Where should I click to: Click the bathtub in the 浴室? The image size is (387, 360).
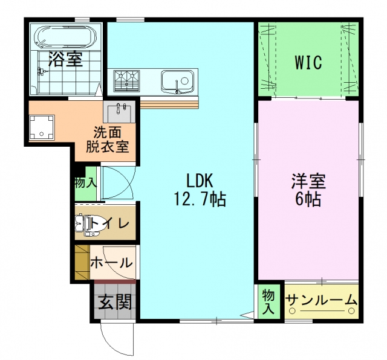(x=65, y=36)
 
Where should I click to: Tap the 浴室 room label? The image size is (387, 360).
(x=66, y=59)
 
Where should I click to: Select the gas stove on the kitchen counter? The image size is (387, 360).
(x=126, y=80)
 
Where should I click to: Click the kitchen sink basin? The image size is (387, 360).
(x=177, y=82)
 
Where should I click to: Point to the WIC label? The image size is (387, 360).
(x=308, y=62)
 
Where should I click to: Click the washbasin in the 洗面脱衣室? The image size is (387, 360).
(x=119, y=112)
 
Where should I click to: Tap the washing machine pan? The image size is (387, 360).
(x=42, y=127)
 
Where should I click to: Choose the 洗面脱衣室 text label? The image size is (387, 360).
(x=108, y=140)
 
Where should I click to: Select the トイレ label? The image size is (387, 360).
(x=110, y=223)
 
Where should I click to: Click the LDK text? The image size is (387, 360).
(x=200, y=181)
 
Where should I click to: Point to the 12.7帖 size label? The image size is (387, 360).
(x=200, y=199)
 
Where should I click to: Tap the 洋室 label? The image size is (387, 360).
(x=308, y=181)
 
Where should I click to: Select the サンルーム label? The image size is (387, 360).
(x=321, y=300)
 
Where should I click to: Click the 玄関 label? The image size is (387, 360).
(x=115, y=302)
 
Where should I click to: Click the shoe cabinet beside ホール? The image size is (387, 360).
(x=82, y=262)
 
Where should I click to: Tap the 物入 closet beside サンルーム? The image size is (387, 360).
(x=268, y=301)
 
